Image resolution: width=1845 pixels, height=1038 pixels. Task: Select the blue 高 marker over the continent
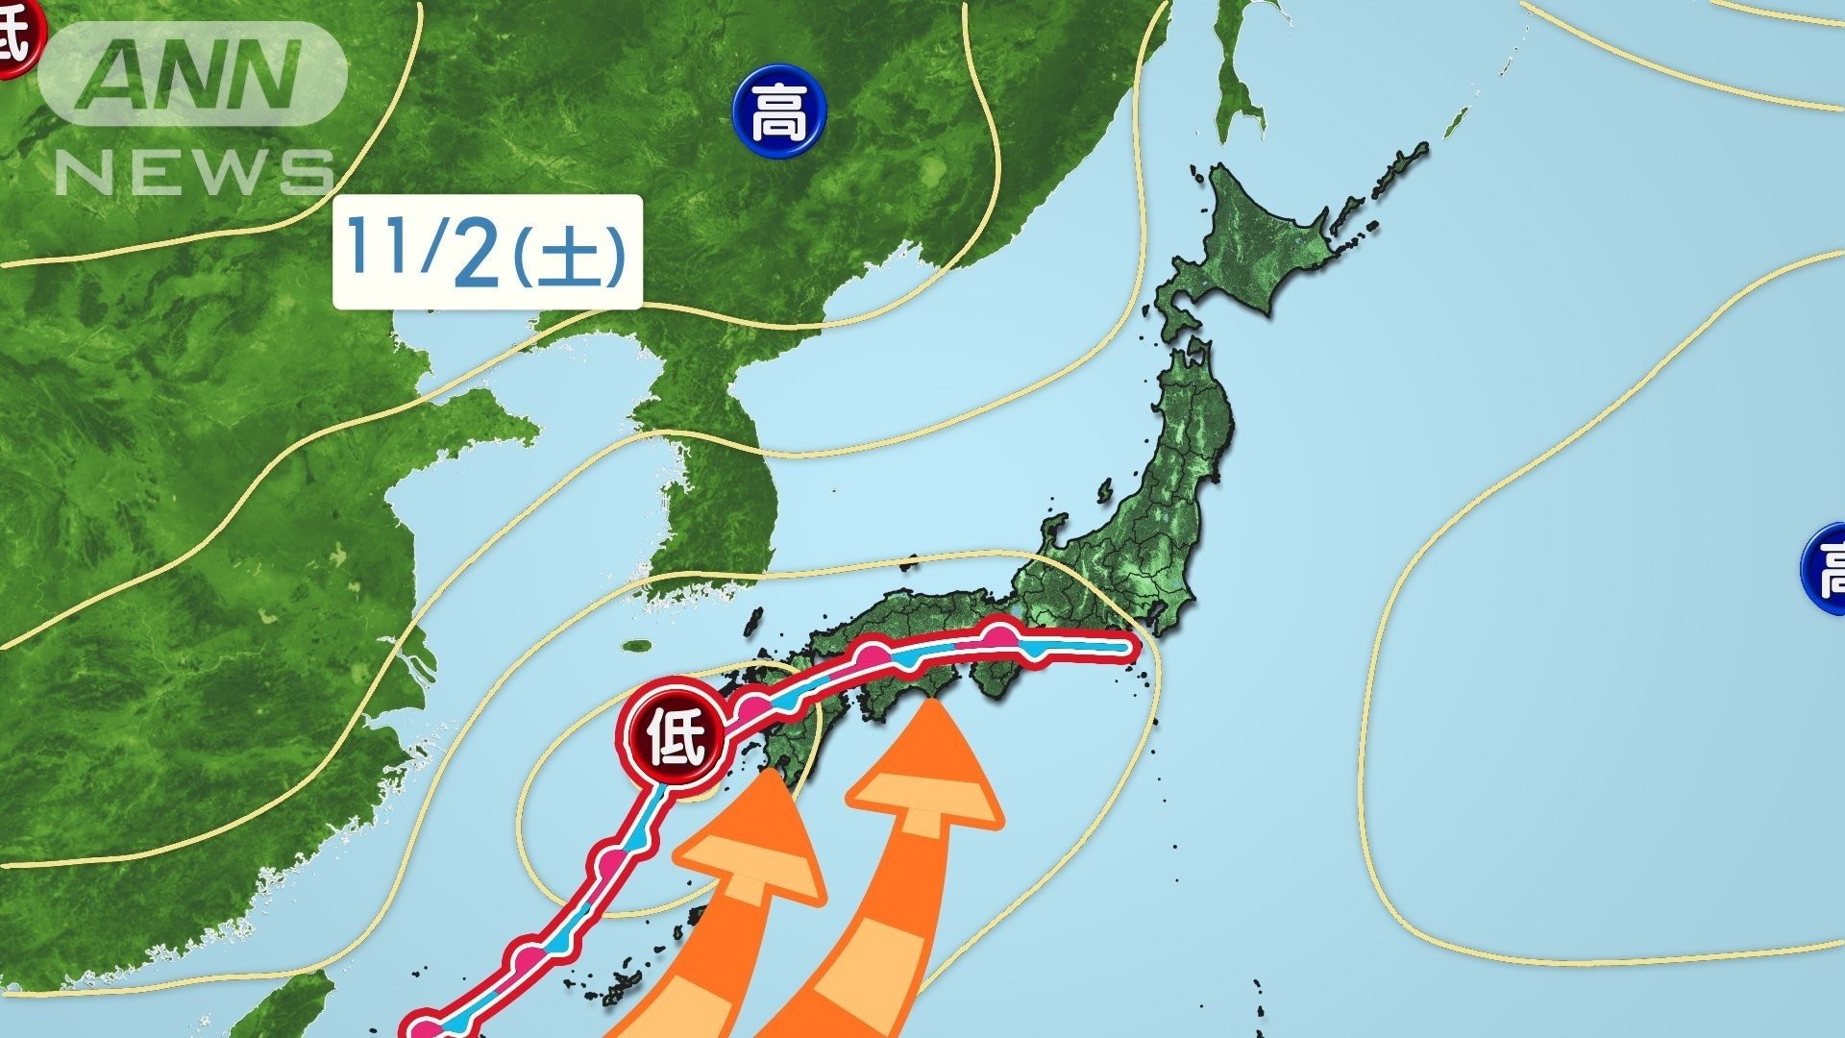778,113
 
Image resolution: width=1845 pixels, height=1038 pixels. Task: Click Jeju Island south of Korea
636,647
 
